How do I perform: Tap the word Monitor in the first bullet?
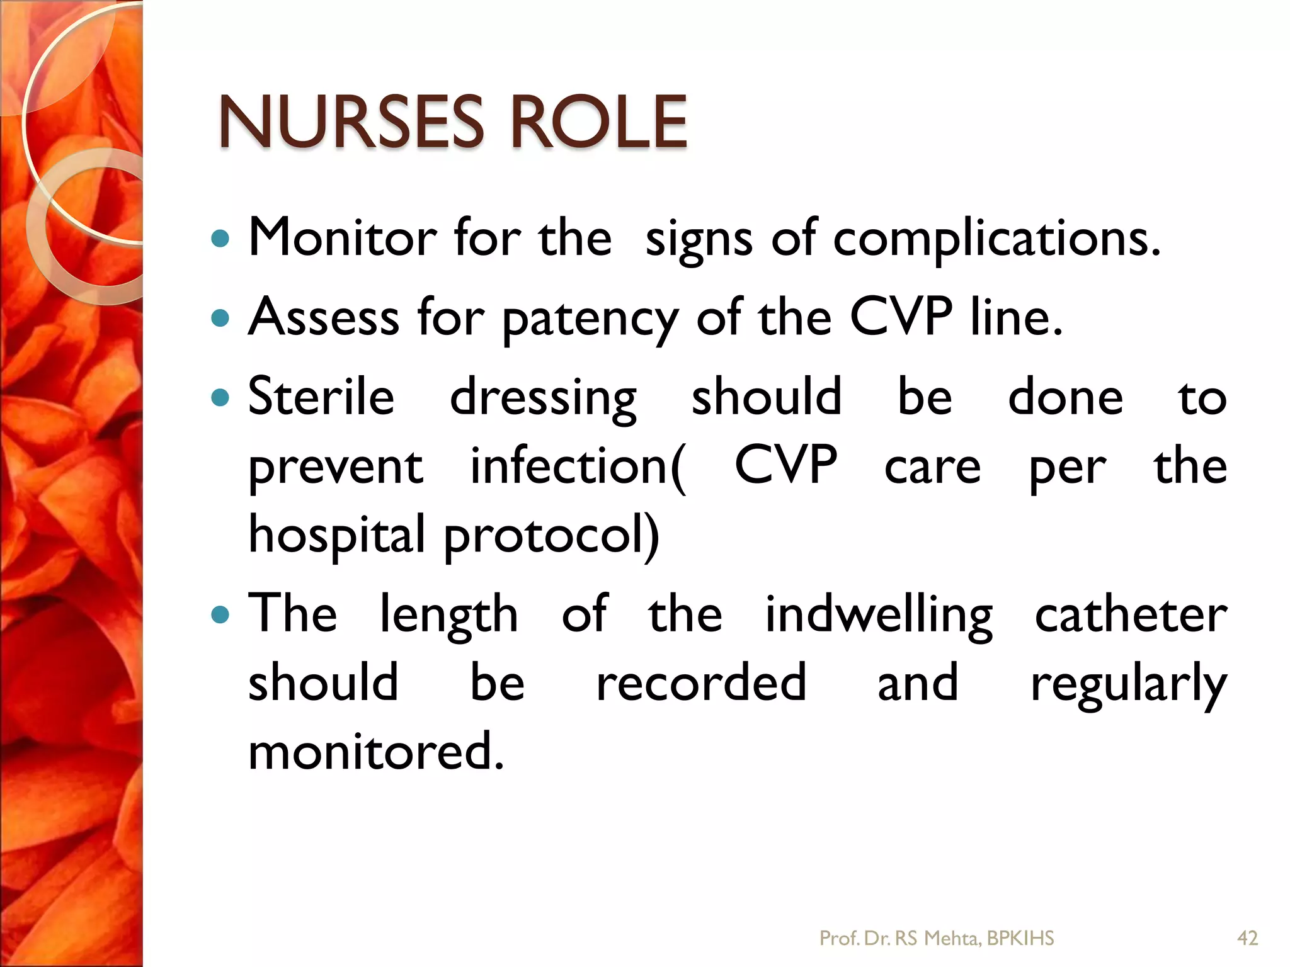coord(343,238)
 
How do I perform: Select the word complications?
coord(996,239)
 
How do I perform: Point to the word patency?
coord(590,319)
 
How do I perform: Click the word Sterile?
coord(321,396)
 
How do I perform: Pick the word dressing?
coord(543,399)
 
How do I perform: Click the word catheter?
coord(1131,615)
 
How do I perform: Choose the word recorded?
coord(701,682)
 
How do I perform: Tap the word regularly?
coord(1128,685)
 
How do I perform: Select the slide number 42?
coord(1248,938)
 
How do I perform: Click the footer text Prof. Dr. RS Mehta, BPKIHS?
coord(937,938)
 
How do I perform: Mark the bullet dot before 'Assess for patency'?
coord(220,319)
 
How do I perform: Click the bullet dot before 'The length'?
coord(220,614)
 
